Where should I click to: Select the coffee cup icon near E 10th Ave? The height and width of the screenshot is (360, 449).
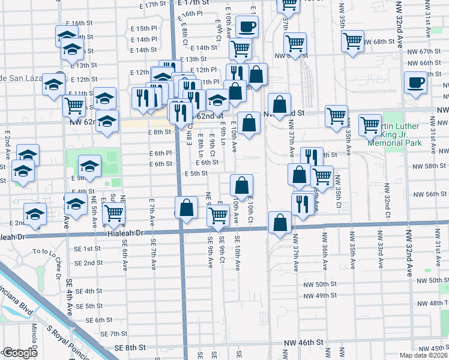point(247,27)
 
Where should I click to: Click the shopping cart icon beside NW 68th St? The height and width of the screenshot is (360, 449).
point(352,41)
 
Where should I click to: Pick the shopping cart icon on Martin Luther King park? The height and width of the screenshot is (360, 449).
point(370,125)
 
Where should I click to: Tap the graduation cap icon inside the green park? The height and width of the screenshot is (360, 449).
point(90,165)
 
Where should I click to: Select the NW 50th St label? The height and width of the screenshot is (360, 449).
point(318,284)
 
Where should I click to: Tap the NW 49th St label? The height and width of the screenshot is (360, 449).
point(318,295)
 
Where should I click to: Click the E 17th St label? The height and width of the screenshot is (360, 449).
point(152,4)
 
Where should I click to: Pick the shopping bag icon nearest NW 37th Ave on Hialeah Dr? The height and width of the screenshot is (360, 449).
point(280,223)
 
